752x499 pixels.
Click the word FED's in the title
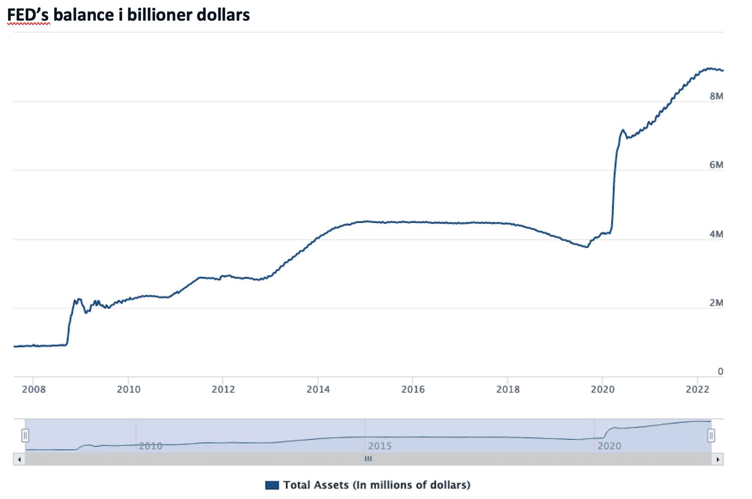coord(28,15)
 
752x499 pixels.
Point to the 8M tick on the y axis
coord(716,96)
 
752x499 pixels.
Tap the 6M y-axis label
coord(716,165)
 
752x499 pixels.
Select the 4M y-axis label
coord(716,234)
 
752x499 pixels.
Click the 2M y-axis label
coord(716,303)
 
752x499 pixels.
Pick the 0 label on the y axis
coord(720,371)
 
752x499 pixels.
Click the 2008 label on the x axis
coord(33,389)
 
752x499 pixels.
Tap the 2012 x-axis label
coord(223,389)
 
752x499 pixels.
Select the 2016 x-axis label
coord(413,389)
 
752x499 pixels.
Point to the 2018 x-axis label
coord(508,389)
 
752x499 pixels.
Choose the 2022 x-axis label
coord(697,389)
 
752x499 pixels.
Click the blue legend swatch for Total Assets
coord(272,485)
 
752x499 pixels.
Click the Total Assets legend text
coord(377,485)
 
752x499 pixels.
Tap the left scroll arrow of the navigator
coord(19,459)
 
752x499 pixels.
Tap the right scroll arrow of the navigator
coord(718,459)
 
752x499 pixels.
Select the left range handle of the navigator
coord(25,436)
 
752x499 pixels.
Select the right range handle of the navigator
coord(711,436)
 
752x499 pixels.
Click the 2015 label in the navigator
coord(379,446)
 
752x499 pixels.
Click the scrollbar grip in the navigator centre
coord(368,459)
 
